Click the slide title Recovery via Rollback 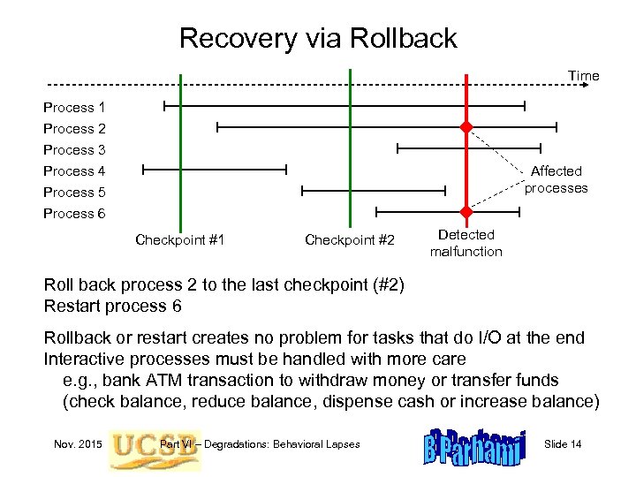[318, 38]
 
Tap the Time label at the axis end [583, 76]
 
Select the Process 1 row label [74, 108]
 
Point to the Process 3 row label [74, 150]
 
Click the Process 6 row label [74, 214]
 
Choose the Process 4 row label [74, 171]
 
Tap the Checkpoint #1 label [179, 240]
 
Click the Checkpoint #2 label [350, 240]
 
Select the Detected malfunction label [466, 243]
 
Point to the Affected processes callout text [556, 179]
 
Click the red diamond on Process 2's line [466, 127]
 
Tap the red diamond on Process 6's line [466, 212]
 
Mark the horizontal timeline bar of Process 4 [215, 168]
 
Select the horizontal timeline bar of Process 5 [374, 190]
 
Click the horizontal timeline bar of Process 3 [468, 148]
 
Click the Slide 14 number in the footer [563, 443]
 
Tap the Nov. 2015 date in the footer [78, 443]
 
